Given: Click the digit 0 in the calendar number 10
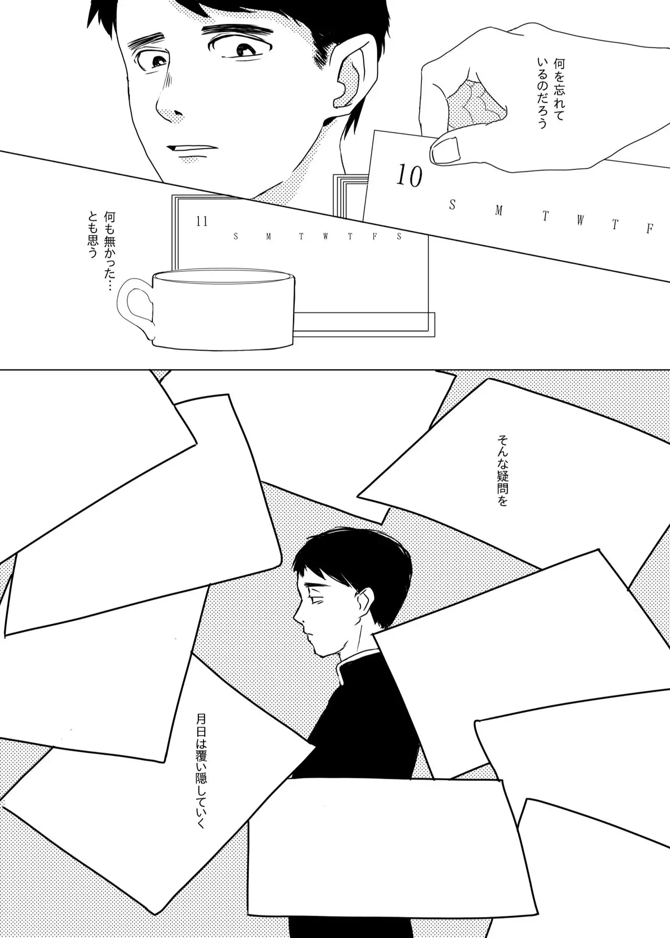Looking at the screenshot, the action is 414,178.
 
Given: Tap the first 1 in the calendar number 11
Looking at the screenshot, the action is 199,222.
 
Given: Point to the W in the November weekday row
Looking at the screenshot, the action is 325,236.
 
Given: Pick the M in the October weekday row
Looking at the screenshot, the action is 498,211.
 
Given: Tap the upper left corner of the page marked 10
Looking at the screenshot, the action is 376,131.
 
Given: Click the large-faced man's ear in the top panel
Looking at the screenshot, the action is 350,84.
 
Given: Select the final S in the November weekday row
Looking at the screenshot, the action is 399,236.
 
